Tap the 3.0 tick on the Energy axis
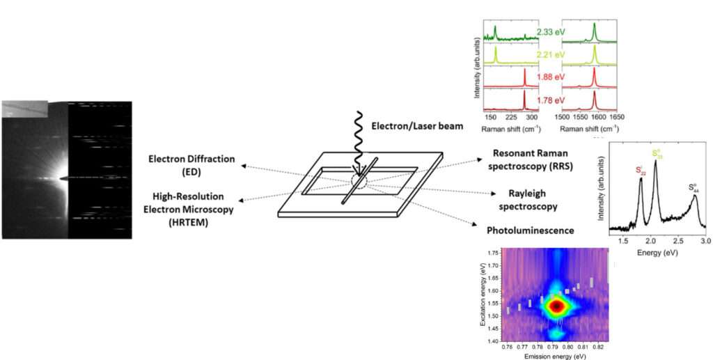click(705, 240)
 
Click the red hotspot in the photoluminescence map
click(556, 305)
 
